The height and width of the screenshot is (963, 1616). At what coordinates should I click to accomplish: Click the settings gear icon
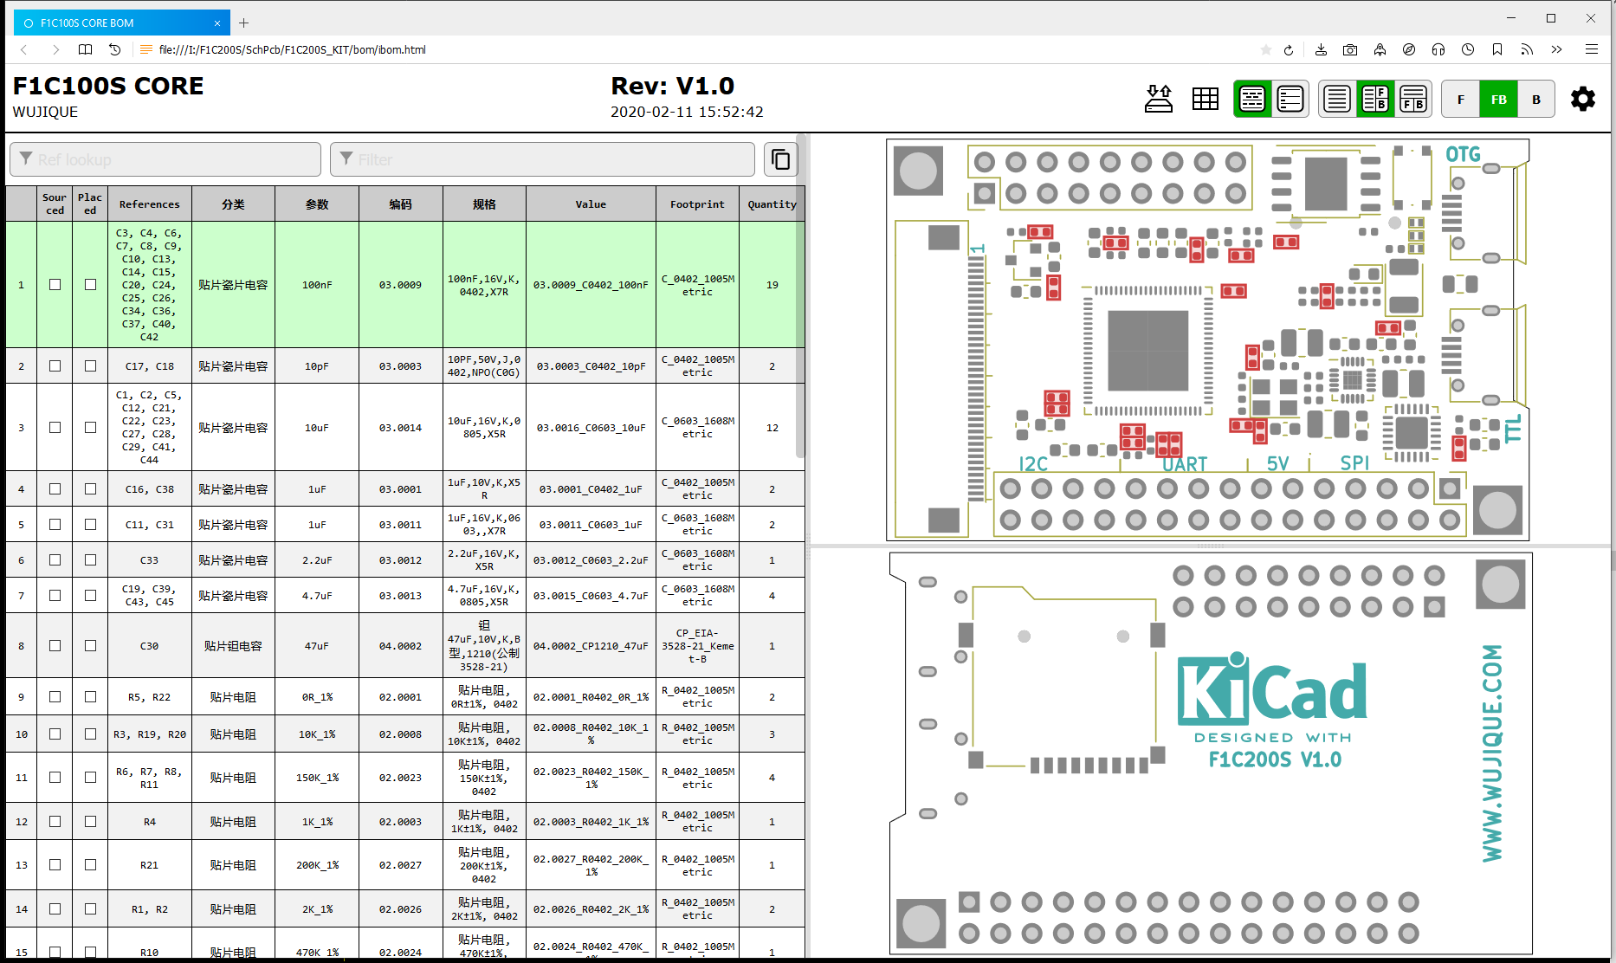coord(1583,100)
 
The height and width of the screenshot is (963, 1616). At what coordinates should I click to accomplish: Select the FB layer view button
coord(1498,100)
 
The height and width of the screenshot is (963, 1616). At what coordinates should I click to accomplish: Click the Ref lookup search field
coord(165,159)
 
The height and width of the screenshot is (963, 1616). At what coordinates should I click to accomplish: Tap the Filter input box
coord(542,159)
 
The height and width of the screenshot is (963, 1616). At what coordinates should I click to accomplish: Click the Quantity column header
coord(772,204)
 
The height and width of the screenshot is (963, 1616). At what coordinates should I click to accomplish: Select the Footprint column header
coord(697,204)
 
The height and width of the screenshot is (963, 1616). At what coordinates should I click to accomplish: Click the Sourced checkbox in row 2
coord(55,366)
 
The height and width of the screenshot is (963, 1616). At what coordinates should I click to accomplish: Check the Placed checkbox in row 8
coord(90,646)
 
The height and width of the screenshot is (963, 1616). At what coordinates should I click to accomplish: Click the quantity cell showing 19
coord(772,285)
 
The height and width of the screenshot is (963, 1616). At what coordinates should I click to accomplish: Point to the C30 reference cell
coord(149,646)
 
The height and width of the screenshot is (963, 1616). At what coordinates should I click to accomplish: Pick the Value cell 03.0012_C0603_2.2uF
coord(591,560)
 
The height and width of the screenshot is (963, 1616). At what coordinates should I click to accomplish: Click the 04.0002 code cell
coord(400,646)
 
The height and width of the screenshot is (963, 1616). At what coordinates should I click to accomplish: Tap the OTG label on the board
coord(1463,154)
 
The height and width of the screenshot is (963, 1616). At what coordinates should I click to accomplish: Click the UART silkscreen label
coord(1185,464)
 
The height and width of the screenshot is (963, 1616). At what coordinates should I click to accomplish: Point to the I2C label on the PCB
coord(1033,464)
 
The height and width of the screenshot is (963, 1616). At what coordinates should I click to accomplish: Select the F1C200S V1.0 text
coord(1275,759)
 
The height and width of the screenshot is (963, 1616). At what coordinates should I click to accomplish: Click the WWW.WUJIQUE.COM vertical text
coord(1492,753)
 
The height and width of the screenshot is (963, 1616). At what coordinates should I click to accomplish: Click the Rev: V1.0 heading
coord(673,86)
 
